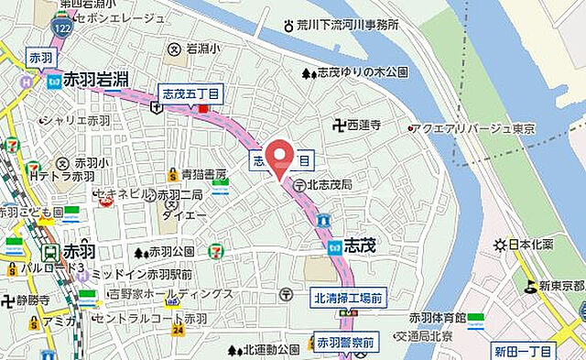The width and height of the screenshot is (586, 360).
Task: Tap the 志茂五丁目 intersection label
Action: coord(191,93)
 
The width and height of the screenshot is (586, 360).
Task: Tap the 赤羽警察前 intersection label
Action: coord(345,343)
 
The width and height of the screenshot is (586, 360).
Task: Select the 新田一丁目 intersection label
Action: coord(523,352)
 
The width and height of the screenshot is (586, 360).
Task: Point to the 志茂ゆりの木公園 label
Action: coord(360,72)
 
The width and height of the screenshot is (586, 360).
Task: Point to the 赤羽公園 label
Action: coord(171,251)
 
